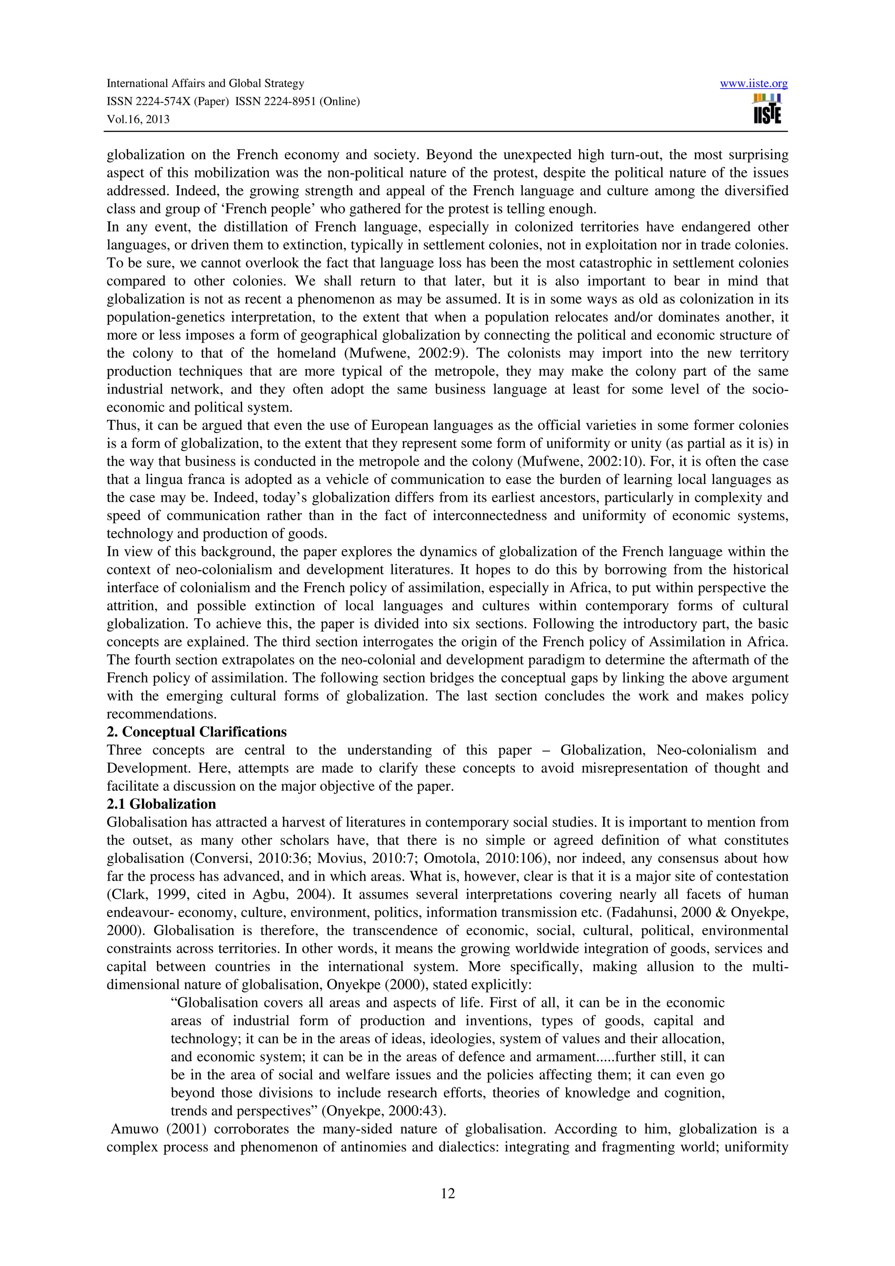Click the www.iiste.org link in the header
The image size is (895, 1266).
(753, 84)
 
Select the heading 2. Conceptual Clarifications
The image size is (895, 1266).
(196, 732)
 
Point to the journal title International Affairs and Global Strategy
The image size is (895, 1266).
(205, 83)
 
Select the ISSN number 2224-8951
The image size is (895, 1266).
(298, 101)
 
